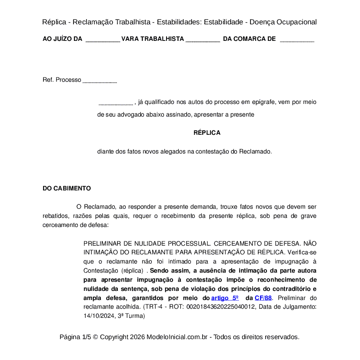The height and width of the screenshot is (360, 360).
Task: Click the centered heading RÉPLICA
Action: pyautogui.click(x=207, y=133)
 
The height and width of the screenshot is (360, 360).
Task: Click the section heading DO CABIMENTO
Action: pyautogui.click(x=67, y=188)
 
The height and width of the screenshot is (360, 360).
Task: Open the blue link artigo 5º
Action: pyautogui.click(x=225, y=298)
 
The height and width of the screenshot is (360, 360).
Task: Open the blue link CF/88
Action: pyautogui.click(x=263, y=298)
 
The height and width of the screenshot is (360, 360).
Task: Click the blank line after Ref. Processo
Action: pyautogui.click(x=100, y=80)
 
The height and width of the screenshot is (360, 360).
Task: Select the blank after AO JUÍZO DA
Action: pyautogui.click(x=103, y=39)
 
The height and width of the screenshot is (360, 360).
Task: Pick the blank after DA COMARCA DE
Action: pyautogui.click(x=297, y=39)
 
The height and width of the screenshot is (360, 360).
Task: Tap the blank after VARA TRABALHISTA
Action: pyautogui.click(x=203, y=39)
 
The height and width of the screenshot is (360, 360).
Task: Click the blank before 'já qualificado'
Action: pyautogui.click(x=116, y=103)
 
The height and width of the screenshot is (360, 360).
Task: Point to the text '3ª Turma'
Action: pyautogui.click(x=131, y=316)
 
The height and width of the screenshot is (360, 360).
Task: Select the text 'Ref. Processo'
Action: pyautogui.click(x=62, y=80)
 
